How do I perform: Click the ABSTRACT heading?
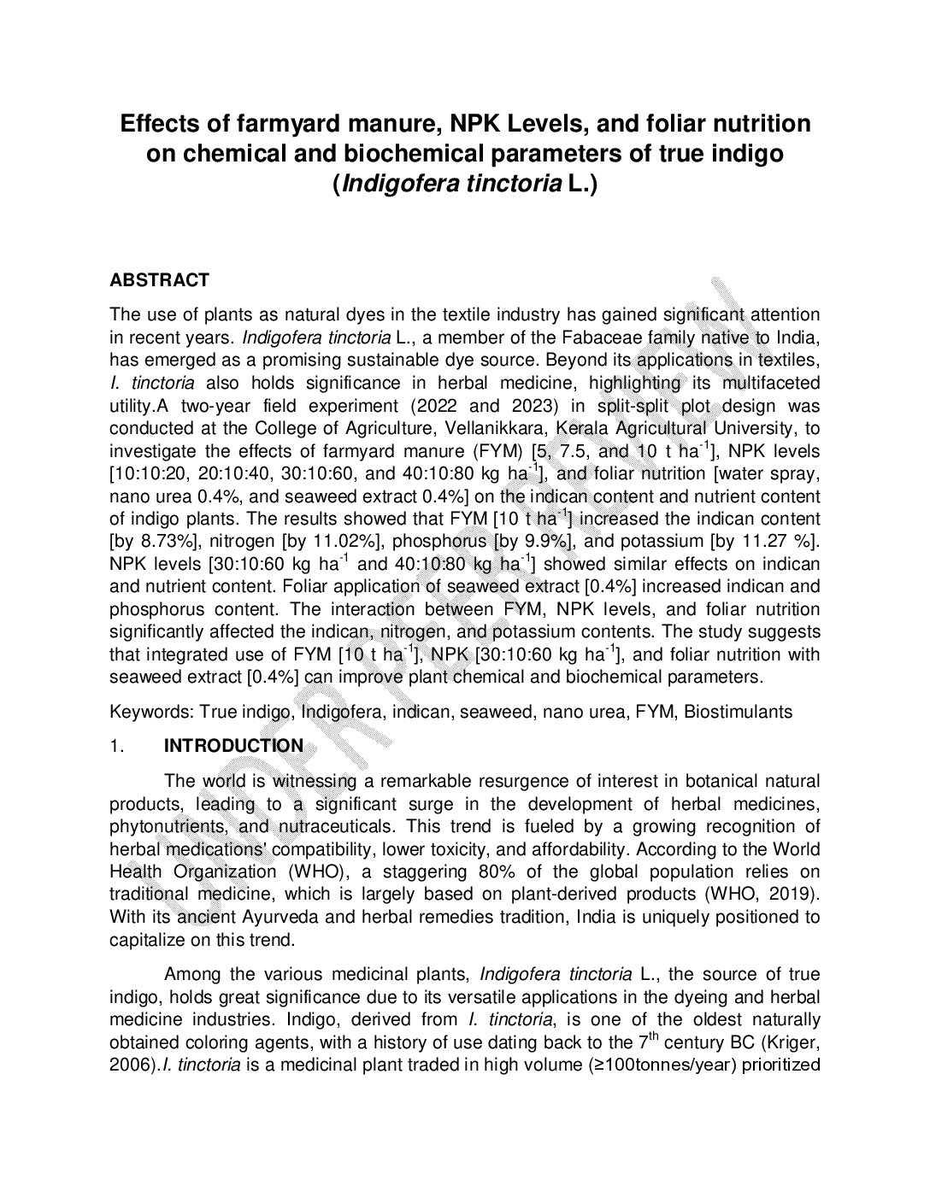pyautogui.click(x=159, y=280)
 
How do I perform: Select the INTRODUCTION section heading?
pyautogui.click(x=233, y=746)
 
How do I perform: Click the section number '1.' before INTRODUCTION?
pyautogui.click(x=118, y=746)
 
